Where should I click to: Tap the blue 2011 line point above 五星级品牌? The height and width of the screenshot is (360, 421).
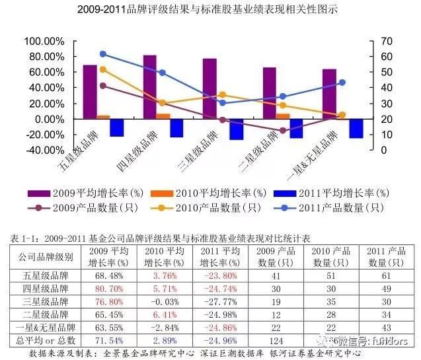tap(103, 54)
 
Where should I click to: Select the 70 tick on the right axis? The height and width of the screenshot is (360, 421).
tap(387, 41)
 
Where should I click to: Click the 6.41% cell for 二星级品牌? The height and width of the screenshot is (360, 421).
tap(162, 313)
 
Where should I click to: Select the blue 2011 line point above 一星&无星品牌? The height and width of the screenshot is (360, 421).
tap(342, 83)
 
